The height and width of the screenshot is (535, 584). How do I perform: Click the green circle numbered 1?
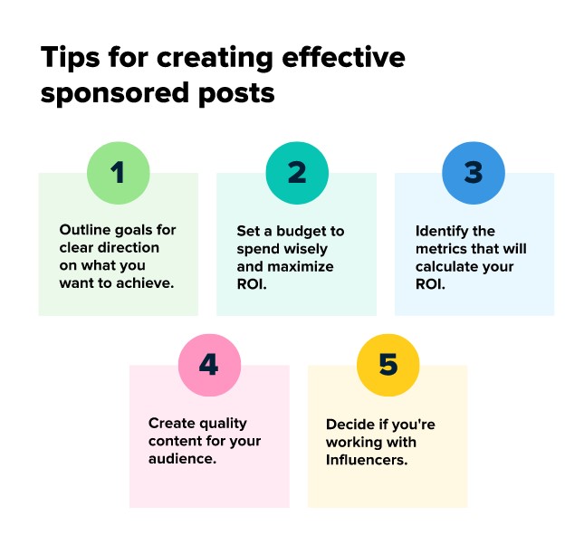click(119, 173)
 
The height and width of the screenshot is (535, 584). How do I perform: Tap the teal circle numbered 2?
click(297, 173)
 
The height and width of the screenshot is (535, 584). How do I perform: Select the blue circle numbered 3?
click(474, 173)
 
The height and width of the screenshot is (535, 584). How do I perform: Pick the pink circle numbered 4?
click(209, 365)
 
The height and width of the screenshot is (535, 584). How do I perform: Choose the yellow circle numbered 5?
click(388, 365)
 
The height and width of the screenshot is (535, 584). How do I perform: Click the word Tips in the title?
click(71, 58)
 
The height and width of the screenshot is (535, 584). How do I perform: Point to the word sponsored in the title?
click(115, 93)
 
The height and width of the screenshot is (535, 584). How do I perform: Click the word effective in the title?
click(343, 57)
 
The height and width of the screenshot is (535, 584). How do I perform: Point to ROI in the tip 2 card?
click(252, 284)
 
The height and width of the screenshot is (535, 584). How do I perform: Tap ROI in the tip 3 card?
click(430, 284)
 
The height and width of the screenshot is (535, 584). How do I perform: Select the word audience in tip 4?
click(182, 459)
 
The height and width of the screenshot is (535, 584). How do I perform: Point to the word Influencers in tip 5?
click(367, 460)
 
